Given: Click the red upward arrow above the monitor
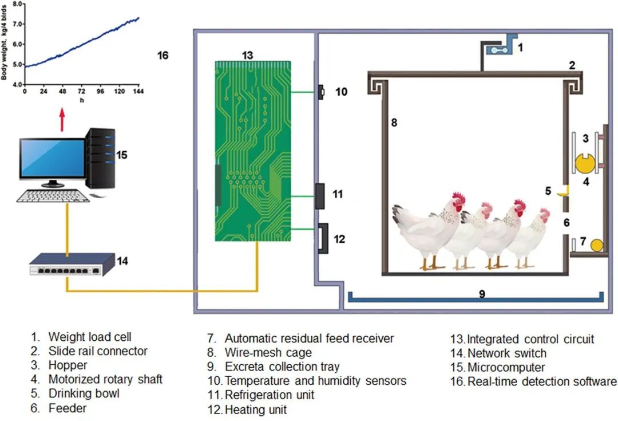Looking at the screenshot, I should [x=62, y=120].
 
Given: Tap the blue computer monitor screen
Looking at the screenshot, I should [x=52, y=158].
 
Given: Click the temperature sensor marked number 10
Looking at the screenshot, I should [x=321, y=91].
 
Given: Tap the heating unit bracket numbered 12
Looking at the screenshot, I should [x=322, y=238].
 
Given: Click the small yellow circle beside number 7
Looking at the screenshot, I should [x=596, y=245].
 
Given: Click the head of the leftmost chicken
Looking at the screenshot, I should [x=458, y=201].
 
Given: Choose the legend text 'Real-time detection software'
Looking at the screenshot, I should [x=542, y=381].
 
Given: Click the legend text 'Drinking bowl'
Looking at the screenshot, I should [x=84, y=394].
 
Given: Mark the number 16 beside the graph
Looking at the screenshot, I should [x=163, y=56].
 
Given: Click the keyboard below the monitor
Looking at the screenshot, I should [x=52, y=196].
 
